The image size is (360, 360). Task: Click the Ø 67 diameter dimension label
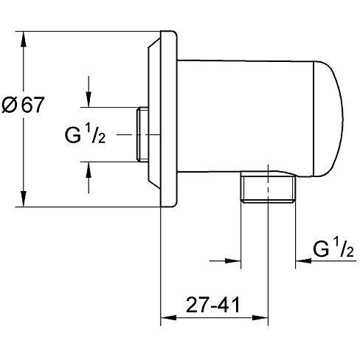point(23,104)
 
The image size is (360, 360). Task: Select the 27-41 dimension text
point(212,305)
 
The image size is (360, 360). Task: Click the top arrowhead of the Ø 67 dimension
point(24,39)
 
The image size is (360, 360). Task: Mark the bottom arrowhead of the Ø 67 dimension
point(24,199)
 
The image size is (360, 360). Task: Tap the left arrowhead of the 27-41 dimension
point(169,317)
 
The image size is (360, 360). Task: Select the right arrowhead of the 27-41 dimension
point(260,317)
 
